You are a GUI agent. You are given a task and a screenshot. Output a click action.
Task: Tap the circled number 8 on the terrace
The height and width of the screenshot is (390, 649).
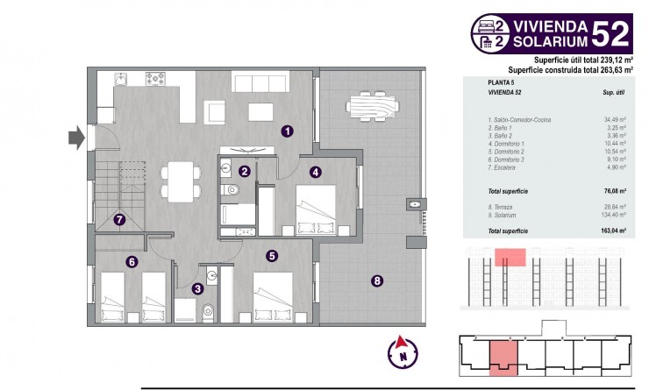point(377,281)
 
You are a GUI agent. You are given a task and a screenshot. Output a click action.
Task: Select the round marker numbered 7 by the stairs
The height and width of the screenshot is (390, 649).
point(120,220)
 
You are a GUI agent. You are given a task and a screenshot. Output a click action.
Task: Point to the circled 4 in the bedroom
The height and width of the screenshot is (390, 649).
point(314,173)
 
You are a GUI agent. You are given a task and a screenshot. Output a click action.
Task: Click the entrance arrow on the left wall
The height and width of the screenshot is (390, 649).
point(76,136)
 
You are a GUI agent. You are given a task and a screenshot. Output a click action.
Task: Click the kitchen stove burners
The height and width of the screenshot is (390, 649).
point(157,80)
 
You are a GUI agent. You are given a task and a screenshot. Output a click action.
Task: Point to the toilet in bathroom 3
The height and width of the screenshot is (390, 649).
point(207,310)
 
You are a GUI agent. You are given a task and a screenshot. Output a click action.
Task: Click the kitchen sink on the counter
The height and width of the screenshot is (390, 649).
point(122,80)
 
